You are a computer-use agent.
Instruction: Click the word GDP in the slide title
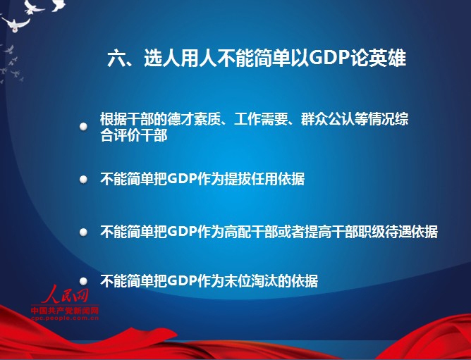click(327, 58)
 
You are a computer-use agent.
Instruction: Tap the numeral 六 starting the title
click(116, 58)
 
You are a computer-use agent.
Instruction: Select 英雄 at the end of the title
click(388, 58)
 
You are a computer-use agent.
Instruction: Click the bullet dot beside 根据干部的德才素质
click(83, 127)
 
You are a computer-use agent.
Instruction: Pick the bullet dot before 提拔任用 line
click(83, 180)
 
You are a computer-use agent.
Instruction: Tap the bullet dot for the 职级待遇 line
click(83, 232)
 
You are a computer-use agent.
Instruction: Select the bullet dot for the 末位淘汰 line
click(83, 281)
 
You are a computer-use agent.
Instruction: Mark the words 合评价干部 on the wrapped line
click(134, 136)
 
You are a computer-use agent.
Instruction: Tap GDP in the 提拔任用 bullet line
click(183, 179)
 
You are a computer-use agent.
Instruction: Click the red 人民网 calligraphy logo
click(65, 294)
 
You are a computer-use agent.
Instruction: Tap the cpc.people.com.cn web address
click(65, 318)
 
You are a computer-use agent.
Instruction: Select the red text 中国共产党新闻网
click(65, 311)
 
